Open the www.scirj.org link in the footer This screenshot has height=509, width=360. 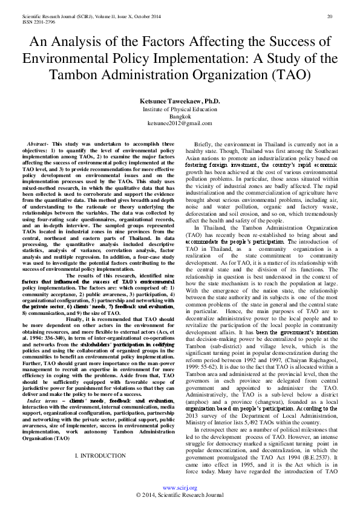(x=180, y=487)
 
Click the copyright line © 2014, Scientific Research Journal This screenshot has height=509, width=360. (x=180, y=494)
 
